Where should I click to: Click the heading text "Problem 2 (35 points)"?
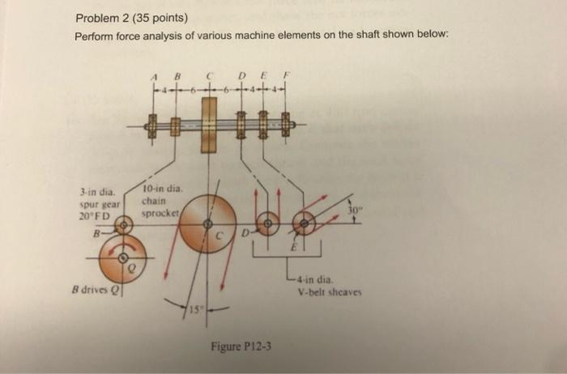pos(131,19)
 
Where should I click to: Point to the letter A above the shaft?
pos(152,79)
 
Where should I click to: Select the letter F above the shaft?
pos(284,79)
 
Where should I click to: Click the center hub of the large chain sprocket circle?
pos(207,223)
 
